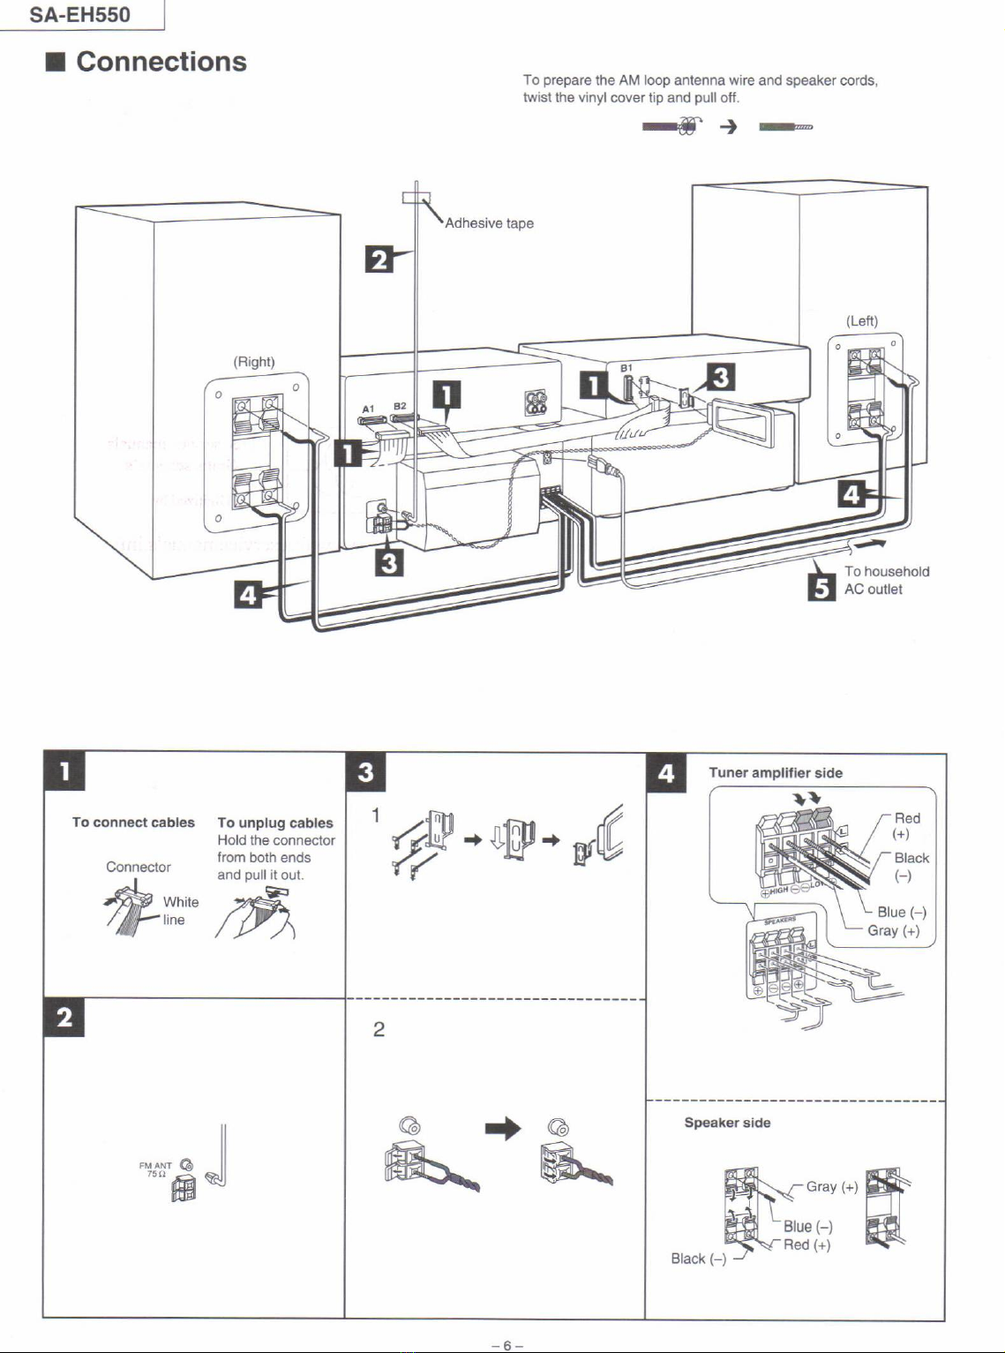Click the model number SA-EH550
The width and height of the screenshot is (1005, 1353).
[79, 15]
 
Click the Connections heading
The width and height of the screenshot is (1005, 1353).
[161, 62]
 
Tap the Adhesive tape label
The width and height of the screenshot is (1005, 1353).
[489, 223]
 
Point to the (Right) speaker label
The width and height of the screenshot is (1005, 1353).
[254, 362]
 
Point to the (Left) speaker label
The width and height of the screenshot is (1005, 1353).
[862, 321]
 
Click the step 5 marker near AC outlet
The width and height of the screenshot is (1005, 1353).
[821, 586]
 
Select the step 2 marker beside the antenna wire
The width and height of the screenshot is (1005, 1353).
[379, 259]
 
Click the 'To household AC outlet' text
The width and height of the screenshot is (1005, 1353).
[886, 581]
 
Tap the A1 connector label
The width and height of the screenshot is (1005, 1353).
[369, 409]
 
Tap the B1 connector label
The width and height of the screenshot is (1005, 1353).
[626, 367]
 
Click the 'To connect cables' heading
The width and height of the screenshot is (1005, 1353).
[133, 823]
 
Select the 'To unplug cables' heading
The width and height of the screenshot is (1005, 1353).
[275, 823]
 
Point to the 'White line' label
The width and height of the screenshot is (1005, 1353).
[180, 911]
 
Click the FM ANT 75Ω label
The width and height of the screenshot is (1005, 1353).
[155, 1169]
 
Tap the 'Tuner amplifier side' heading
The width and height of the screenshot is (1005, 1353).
[776, 773]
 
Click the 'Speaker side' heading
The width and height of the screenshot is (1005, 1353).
[727, 1123]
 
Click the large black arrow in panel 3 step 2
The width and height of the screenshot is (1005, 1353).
[503, 1129]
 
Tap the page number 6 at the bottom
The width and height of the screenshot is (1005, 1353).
[507, 1345]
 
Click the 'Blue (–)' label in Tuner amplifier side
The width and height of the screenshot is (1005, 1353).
[901, 913]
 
